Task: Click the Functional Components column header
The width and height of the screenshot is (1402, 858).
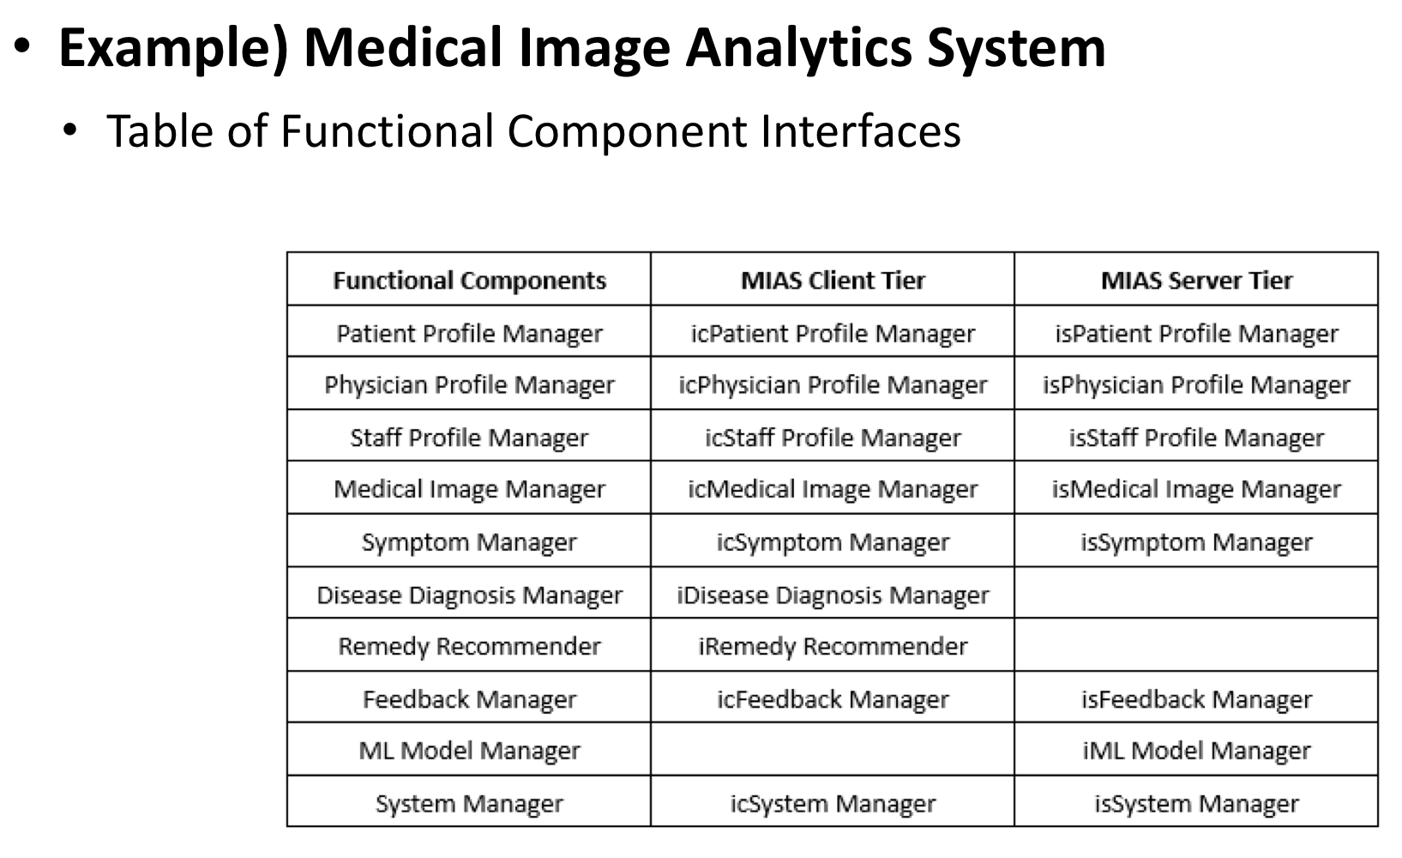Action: [469, 281]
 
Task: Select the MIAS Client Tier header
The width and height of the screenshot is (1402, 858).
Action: [833, 281]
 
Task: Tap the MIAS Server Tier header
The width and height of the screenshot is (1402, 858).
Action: [1196, 281]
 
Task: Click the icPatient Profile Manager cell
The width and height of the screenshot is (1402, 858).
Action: [833, 333]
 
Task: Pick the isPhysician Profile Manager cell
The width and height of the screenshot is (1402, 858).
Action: [1196, 385]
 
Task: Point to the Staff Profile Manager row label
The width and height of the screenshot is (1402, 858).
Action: [469, 438]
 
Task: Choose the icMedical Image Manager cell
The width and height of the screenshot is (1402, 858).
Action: [833, 489]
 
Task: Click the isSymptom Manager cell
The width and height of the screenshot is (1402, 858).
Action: [1196, 542]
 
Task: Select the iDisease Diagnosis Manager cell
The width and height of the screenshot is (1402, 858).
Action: [833, 595]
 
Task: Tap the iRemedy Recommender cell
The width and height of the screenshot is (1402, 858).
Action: [833, 646]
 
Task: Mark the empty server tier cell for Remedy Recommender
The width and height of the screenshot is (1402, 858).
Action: [1196, 646]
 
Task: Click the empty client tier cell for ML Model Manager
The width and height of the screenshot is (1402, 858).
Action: [833, 751]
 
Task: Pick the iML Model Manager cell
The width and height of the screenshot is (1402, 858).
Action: [1196, 751]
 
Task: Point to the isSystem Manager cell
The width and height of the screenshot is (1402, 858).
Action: [1196, 804]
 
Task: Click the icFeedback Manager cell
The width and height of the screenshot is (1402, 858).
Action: [833, 699]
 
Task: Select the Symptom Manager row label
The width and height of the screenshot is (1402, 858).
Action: [469, 542]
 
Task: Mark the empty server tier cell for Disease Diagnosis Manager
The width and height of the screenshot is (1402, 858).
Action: [1196, 595]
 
